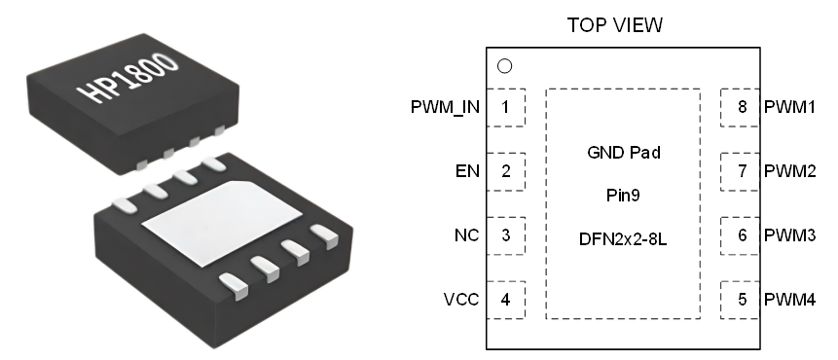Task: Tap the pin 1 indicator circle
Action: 504,67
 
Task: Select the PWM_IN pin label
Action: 445,107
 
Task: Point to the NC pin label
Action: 467,235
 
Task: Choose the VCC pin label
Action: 461,300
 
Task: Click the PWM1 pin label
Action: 789,107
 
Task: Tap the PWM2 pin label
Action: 789,171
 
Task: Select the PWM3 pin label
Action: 789,235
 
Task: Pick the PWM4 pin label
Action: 789,300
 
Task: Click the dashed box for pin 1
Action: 506,107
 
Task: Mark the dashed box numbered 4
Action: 506,300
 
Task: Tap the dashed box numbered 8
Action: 741,107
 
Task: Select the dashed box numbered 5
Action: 741,300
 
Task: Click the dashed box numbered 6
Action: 741,235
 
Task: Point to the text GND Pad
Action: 623,153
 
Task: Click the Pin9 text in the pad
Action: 623,196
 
